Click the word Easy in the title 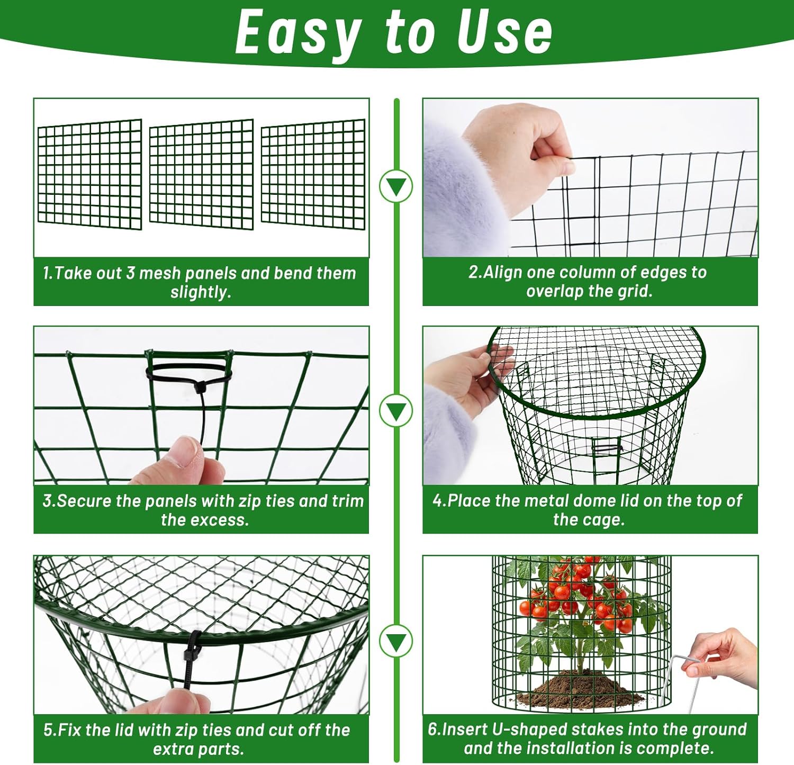point(299,33)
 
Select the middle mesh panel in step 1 point(202,174)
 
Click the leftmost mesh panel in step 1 point(90,174)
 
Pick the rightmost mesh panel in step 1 point(313,174)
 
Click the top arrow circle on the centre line point(396,186)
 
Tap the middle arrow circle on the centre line point(396,411)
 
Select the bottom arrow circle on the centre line point(396,641)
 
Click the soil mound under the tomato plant point(581,688)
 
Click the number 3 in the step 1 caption point(130,273)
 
